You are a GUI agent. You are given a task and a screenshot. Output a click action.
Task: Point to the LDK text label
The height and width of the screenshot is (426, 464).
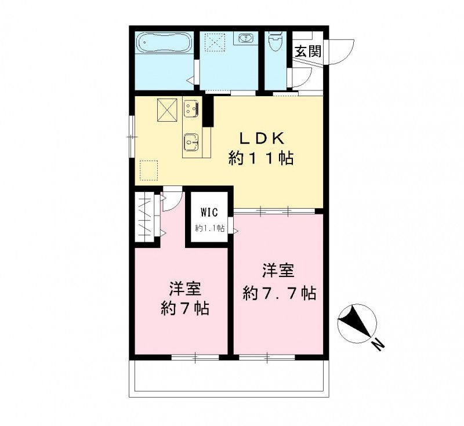pos(262,139)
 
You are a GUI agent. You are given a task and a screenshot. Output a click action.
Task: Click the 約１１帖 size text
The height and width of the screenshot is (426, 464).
pos(260,158)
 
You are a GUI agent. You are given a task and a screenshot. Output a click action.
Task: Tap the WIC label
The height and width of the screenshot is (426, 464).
pos(210,212)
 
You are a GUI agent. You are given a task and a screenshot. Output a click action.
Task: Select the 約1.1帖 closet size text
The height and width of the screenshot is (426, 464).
pos(209,228)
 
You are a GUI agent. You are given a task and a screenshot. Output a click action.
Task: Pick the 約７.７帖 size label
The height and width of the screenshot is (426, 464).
pos(279,293)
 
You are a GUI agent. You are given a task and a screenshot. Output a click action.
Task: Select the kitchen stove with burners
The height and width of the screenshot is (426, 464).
pos(191,108)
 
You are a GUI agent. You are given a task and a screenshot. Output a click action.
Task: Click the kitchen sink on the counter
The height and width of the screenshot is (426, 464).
pos(191,141)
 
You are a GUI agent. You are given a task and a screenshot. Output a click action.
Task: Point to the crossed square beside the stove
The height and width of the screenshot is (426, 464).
pos(167,110)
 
